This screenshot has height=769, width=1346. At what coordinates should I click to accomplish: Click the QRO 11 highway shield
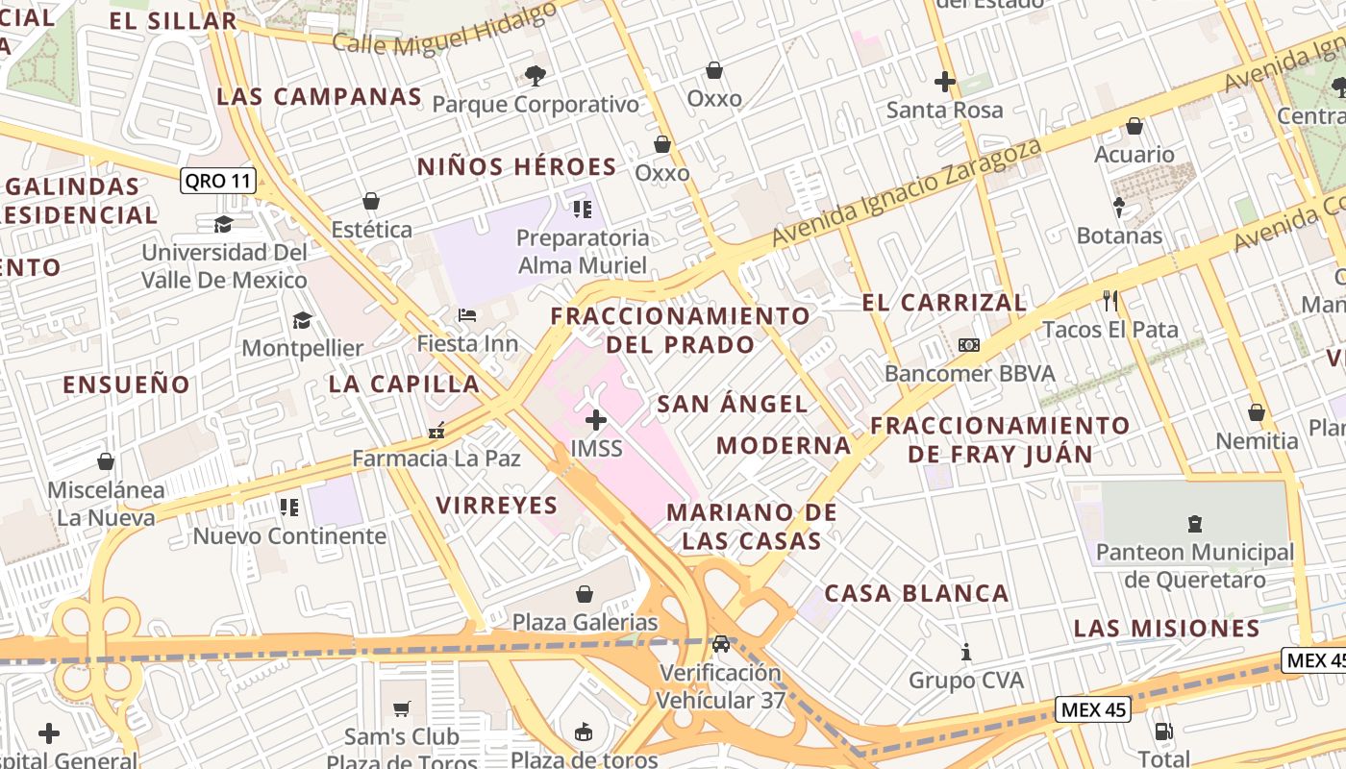(218, 181)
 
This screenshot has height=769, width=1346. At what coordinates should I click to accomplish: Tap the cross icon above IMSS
(596, 420)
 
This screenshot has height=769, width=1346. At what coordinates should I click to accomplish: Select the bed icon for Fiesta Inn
(467, 315)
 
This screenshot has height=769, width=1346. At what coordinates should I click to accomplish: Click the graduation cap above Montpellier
(303, 320)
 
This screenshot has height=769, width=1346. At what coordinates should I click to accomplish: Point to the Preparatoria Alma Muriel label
(583, 251)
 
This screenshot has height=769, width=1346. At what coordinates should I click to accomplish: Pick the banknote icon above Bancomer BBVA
(969, 345)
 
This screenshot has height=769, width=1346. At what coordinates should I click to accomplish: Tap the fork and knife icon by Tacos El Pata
(1110, 301)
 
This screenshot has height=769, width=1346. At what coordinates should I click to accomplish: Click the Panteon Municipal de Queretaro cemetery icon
(1195, 524)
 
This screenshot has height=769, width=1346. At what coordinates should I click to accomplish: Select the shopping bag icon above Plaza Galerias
(585, 594)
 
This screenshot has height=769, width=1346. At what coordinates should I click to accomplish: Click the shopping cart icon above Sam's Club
(402, 709)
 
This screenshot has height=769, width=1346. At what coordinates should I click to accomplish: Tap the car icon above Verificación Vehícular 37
(721, 643)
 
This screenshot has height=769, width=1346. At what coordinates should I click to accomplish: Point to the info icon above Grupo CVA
(966, 653)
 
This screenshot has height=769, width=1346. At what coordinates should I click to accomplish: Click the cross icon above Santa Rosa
(945, 82)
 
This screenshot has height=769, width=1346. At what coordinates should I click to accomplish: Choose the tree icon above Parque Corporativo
(536, 75)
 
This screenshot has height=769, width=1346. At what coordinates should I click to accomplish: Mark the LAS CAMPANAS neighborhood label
(319, 96)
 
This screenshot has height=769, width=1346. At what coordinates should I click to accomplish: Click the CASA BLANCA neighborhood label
(917, 593)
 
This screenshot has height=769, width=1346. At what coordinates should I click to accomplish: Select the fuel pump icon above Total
(1163, 732)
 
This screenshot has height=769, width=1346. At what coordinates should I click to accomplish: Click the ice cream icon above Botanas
(1119, 207)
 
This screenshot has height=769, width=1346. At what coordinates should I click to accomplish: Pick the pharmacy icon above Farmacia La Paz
(436, 431)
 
